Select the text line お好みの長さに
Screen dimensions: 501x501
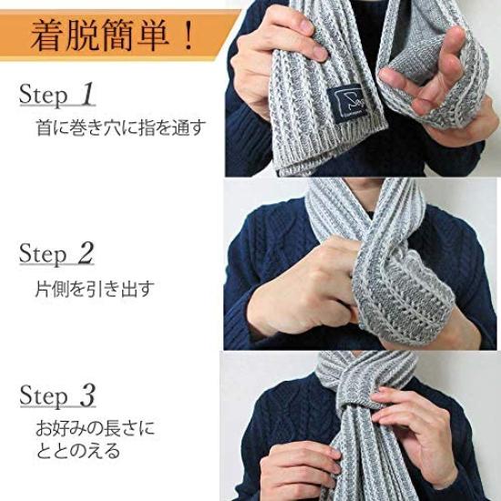[94, 428]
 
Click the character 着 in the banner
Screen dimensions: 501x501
[47, 36]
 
